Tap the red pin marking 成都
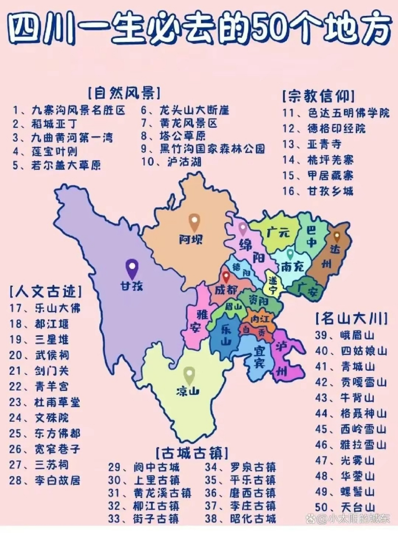(226, 277)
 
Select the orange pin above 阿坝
(194, 222)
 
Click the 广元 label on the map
(278, 232)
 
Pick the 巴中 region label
(311, 236)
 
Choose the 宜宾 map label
(259, 357)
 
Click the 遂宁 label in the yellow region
(273, 285)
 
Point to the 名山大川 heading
(352, 319)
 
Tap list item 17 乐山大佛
(45, 308)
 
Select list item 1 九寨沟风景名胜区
(69, 110)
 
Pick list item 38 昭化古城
(240, 518)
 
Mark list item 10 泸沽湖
(171, 162)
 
